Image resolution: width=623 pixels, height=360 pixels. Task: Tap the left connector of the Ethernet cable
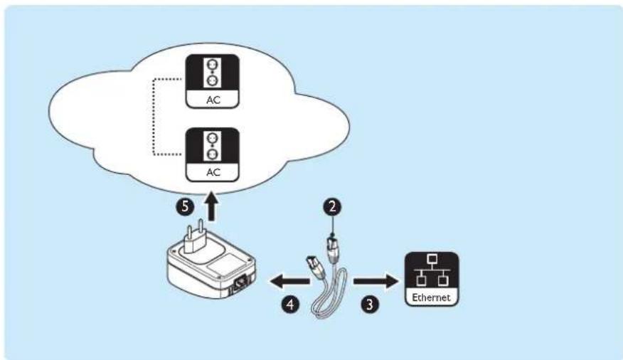311,268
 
